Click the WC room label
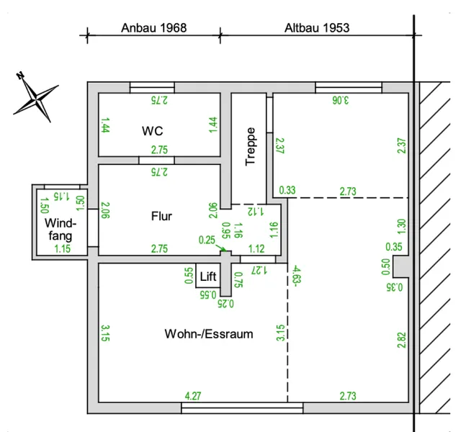pos(153,131)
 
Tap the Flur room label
pos(161,216)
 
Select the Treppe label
pos(250,146)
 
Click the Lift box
pos(207,276)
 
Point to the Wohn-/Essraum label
pos(209,334)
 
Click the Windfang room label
pos(61,229)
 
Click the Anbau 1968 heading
pos(153,28)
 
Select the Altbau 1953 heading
pos(317,28)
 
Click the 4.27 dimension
pos(193,396)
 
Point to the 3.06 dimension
pos(341,100)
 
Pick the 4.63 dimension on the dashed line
pos(297,276)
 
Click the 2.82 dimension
pos(401,340)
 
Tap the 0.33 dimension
pos(287,190)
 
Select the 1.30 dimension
pos(401,226)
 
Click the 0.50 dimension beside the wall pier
pos(385,267)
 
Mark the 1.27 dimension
pos(259,270)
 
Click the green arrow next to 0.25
pos(221,248)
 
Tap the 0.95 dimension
pos(226,230)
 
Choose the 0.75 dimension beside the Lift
pos(238,280)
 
